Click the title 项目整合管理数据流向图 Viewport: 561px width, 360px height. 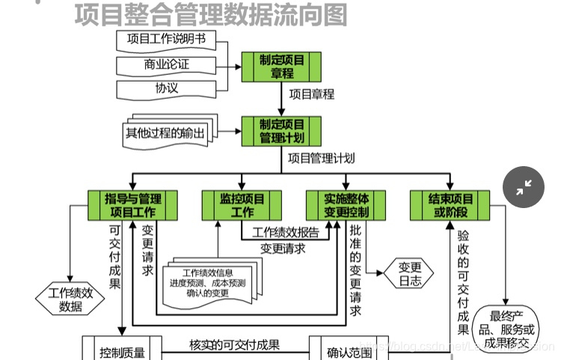pyautogui.click(x=211, y=14)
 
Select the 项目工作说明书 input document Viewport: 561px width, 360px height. pyautogui.click(x=166, y=40)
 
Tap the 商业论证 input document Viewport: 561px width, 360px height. pyautogui.click(x=166, y=64)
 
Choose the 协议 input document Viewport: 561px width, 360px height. pyautogui.click(x=166, y=88)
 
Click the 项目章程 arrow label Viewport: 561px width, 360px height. pyautogui.click(x=311, y=95)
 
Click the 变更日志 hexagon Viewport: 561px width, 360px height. pyautogui.click(x=411, y=274)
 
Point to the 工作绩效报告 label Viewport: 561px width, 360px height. pyautogui.click(x=286, y=232)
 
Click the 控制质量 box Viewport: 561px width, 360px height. pyautogui.click(x=122, y=350)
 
